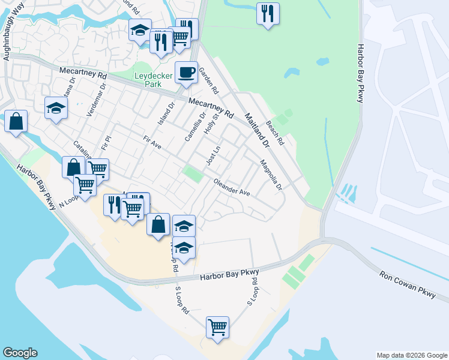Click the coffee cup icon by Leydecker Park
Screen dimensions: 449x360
186,72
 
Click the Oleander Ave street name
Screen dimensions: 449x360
232,188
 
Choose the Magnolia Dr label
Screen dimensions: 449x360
271,175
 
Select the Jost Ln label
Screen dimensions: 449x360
214,155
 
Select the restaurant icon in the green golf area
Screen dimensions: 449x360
268,13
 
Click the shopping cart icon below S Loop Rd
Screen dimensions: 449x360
217,327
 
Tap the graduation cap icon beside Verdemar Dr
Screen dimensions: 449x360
56,108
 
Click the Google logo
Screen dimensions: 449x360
20,353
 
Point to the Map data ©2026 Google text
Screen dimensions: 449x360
411,355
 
